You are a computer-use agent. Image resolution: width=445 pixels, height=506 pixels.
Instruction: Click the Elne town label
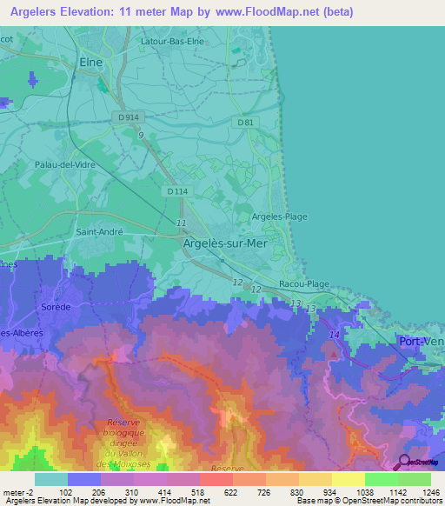(90, 63)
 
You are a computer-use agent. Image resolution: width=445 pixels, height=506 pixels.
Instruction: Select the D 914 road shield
(130, 117)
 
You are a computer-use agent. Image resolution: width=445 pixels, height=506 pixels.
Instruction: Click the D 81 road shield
(246, 123)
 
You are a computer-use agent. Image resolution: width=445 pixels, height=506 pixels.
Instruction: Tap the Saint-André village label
(99, 232)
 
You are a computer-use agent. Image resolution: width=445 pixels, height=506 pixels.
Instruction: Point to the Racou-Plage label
(304, 283)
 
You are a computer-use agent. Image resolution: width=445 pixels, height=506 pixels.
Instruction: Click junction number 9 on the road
(140, 135)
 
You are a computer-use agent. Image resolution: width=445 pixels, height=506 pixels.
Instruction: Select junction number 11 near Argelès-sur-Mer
(181, 223)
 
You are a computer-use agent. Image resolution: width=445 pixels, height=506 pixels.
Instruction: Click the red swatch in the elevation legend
(216, 479)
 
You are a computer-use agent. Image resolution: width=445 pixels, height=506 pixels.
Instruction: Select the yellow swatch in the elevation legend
(348, 479)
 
